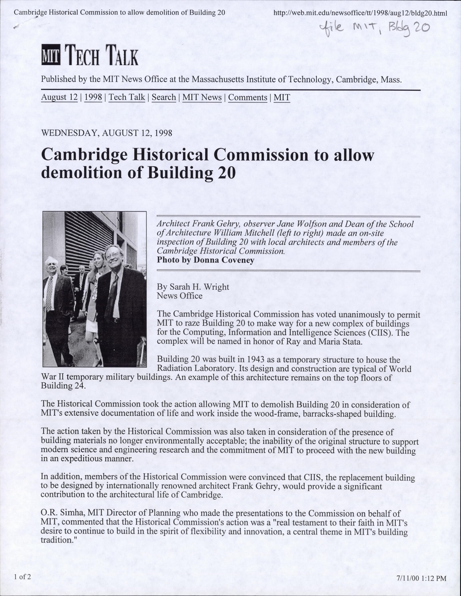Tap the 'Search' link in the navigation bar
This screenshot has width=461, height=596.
pos(163,97)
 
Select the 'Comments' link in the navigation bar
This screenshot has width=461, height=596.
pos(248,97)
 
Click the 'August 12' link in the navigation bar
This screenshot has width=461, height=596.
pos(59,97)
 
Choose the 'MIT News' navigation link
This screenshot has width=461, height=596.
pos(202,97)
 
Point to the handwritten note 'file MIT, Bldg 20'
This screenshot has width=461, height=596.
pos(374,28)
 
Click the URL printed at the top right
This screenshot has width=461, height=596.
pos(360,13)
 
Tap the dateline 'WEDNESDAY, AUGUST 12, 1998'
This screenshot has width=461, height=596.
pos(106,133)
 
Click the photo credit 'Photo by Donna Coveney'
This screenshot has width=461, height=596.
pos(206,260)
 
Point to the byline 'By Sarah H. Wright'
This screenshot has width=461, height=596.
pos(193,286)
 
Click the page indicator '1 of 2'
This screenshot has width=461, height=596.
pos(22,577)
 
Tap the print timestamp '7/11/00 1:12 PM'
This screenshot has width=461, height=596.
pos(421,579)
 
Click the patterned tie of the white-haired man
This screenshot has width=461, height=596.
pos(49,293)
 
